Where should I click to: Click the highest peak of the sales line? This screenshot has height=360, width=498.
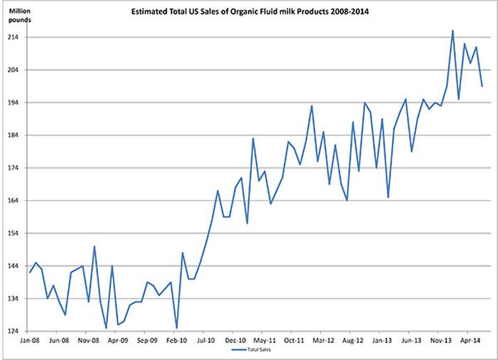[x=452, y=31]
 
